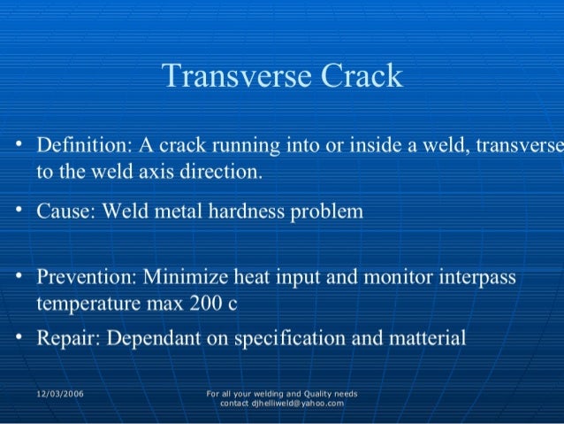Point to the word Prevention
tap(83, 278)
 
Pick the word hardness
tap(258, 212)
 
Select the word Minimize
tap(188, 278)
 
